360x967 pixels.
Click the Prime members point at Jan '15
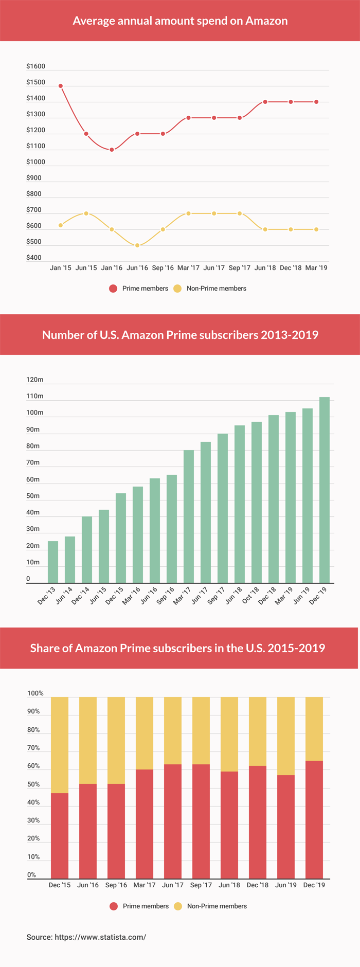click(61, 86)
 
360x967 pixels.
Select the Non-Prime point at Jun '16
click(137, 245)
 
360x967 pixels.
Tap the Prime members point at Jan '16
click(112, 150)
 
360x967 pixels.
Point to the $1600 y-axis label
click(35, 66)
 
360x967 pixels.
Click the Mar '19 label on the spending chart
click(316, 268)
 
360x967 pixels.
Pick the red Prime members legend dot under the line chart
click(113, 289)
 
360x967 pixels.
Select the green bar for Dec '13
click(53, 562)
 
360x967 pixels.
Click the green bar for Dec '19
click(325, 490)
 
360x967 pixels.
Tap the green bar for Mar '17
click(189, 516)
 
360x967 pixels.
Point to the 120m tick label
click(35, 380)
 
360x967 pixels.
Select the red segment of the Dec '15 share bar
click(60, 835)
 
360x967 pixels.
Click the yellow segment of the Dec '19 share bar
click(314, 728)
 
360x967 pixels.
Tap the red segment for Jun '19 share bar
click(286, 827)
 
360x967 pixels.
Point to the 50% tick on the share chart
click(33, 784)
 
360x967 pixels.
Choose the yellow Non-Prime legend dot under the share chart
click(178, 906)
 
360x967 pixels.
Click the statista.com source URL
click(100, 937)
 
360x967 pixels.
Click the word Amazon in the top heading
click(266, 21)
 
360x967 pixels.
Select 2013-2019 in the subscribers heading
click(290, 335)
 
